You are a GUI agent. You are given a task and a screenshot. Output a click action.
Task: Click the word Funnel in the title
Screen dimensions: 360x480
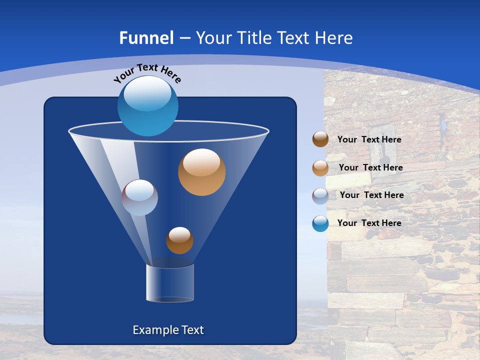coord(146,38)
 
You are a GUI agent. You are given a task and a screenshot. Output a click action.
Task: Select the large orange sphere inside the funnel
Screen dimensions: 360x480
coord(201,172)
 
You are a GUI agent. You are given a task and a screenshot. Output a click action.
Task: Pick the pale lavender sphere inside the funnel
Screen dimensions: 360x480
coord(139,197)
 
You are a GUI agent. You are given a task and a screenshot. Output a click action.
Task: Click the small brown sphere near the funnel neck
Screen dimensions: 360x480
coord(179,240)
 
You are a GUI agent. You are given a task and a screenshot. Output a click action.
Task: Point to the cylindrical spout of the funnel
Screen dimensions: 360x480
coord(169,283)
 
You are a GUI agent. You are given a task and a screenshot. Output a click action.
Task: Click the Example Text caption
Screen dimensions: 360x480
coord(168,330)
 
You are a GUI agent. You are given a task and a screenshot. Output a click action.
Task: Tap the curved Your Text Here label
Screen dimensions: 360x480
coord(146,72)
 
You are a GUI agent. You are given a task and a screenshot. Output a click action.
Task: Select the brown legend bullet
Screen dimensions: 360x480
coord(320,139)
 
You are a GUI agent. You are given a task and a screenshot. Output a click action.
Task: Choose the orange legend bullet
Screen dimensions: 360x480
coord(320,168)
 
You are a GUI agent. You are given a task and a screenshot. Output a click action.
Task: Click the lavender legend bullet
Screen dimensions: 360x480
coord(320,195)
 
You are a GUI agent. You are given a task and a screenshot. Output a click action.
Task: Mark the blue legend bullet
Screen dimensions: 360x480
coord(320,223)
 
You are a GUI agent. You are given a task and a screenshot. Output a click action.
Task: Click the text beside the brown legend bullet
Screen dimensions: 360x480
coord(369,139)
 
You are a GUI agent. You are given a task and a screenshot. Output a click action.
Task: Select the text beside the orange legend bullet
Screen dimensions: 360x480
coord(370,167)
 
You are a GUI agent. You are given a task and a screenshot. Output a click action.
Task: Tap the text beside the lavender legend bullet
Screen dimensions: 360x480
coord(371,195)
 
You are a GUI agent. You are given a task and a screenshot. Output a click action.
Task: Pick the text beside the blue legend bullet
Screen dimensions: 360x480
coord(369,223)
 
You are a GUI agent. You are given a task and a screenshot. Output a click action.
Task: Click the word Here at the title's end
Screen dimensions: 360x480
coord(334,38)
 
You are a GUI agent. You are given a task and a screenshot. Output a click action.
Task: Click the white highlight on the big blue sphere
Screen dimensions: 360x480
coord(147,94)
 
